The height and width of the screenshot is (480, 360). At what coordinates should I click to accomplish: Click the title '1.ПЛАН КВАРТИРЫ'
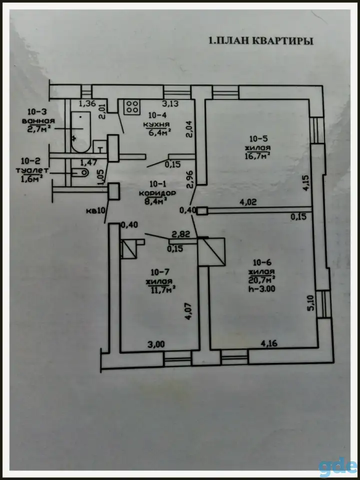click(261, 41)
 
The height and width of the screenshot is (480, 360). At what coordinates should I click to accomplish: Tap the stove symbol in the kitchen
click(132, 107)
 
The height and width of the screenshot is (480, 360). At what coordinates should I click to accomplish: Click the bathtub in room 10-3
click(81, 132)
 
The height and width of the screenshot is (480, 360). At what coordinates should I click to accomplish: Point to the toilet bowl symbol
click(80, 172)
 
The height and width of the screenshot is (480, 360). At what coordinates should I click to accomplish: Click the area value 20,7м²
click(261, 279)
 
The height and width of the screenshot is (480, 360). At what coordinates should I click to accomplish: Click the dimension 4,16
click(268, 344)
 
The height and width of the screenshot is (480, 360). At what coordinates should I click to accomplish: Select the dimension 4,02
click(248, 202)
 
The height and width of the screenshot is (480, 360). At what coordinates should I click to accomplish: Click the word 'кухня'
click(156, 124)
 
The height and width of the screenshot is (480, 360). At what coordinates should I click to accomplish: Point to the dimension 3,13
click(170, 104)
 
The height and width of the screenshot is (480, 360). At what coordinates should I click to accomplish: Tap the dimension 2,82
click(181, 234)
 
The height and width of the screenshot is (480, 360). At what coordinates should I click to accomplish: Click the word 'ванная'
click(38, 120)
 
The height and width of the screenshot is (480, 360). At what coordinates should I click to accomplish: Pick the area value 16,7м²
click(257, 155)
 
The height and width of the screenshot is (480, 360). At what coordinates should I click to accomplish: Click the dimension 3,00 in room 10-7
click(156, 344)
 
